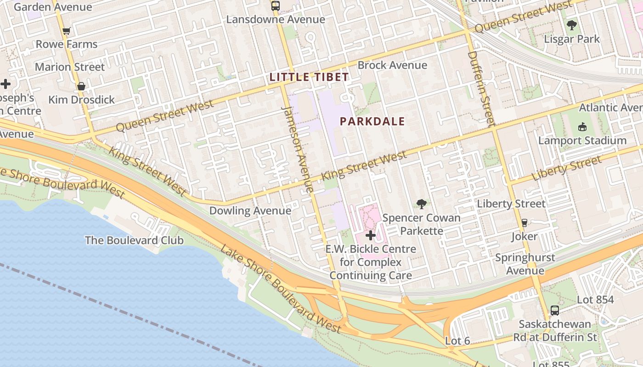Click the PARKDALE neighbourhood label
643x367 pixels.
pos(372,122)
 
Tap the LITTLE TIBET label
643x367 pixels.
pos(309,77)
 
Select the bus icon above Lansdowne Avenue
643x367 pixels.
pos(275,6)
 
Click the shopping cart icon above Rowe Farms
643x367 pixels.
pos(67,31)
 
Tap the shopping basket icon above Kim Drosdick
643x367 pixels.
pos(81,86)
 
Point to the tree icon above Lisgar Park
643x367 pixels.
pos(572,25)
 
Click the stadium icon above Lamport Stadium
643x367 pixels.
pos(582,127)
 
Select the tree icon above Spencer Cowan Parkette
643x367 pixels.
pos(421,204)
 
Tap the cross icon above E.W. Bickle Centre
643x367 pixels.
pos(370,236)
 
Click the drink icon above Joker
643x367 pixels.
pos(524,223)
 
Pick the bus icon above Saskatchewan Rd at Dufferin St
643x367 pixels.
pos(555,311)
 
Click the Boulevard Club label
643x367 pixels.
pos(134,240)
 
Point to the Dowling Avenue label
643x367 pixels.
pos(250,211)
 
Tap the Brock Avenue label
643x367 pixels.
pos(392,65)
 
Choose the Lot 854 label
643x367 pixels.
pos(595,300)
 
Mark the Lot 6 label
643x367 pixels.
pos(457,341)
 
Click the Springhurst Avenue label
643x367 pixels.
pos(525,264)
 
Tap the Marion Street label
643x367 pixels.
pos(70,67)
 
